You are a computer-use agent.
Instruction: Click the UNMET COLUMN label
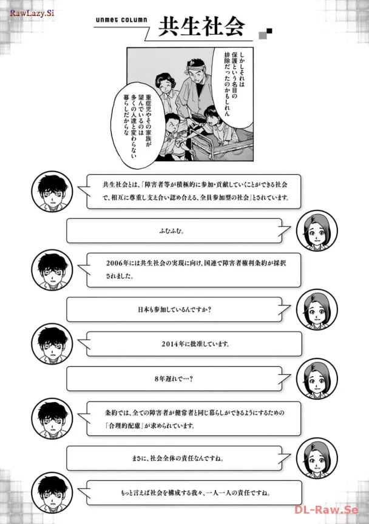tap(122, 19)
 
